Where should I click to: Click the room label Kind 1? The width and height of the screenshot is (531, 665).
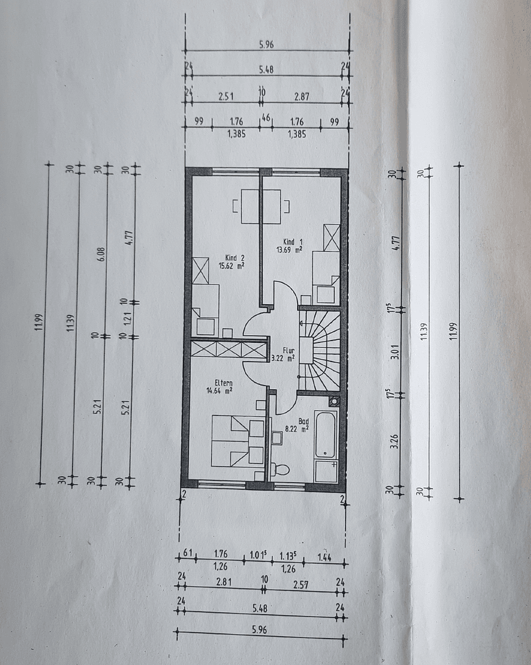point(293,241)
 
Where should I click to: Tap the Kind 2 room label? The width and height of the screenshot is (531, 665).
point(231,257)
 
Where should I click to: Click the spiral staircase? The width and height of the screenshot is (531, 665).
point(319,350)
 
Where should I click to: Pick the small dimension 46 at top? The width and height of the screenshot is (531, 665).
point(266,116)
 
